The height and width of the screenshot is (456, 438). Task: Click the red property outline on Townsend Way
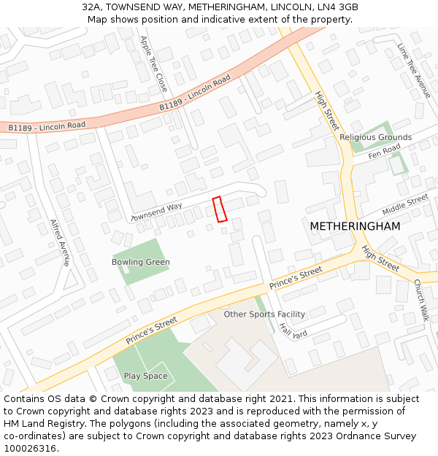[220, 209]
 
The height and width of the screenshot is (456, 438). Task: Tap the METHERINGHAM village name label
[355, 226]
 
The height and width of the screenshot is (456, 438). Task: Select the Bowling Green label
[141, 262]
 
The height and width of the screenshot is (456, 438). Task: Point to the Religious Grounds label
[375, 137]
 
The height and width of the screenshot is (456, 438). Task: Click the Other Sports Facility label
[264, 314]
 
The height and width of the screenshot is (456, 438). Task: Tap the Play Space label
[145, 376]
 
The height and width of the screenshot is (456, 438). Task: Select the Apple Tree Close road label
[154, 64]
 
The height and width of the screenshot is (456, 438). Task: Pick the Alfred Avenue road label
[60, 242]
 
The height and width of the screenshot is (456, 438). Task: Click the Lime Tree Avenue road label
[414, 70]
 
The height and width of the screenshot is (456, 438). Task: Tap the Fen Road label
[384, 152]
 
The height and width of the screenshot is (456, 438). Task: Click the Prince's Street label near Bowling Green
[151, 331]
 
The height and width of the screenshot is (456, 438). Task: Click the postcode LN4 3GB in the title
[338, 7]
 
